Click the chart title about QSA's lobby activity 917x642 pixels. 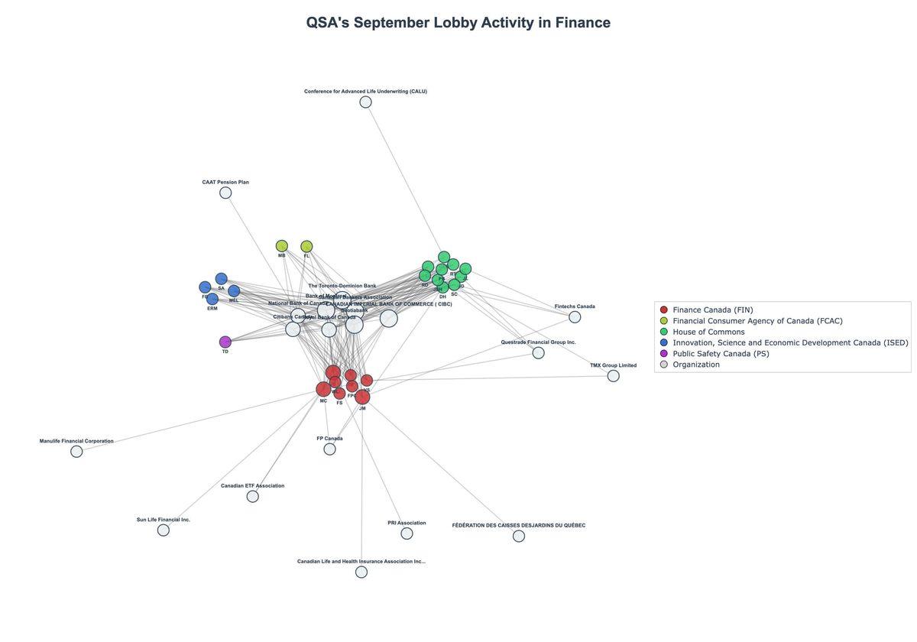point(458,23)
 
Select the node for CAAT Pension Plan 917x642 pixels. point(225,193)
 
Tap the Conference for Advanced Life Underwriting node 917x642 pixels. point(365,102)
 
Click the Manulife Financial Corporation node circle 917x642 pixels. point(76,452)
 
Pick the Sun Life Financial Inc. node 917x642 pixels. point(164,530)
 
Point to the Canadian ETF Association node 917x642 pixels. point(253,497)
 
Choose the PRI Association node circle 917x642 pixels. point(407,533)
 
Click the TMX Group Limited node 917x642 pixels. point(613,376)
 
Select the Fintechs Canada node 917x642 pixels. point(575,317)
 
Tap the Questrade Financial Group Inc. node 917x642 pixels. point(538,353)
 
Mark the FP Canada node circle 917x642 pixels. point(329,449)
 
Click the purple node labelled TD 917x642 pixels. point(225,342)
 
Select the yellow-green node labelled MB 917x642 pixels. point(282,246)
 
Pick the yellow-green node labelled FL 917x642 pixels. point(306,246)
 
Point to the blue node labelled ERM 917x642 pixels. point(212,299)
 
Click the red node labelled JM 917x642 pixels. point(362,397)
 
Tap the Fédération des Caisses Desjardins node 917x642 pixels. point(519,537)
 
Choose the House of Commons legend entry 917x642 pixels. point(708,332)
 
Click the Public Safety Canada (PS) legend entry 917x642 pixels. point(721,354)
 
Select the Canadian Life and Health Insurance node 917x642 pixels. point(361,572)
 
